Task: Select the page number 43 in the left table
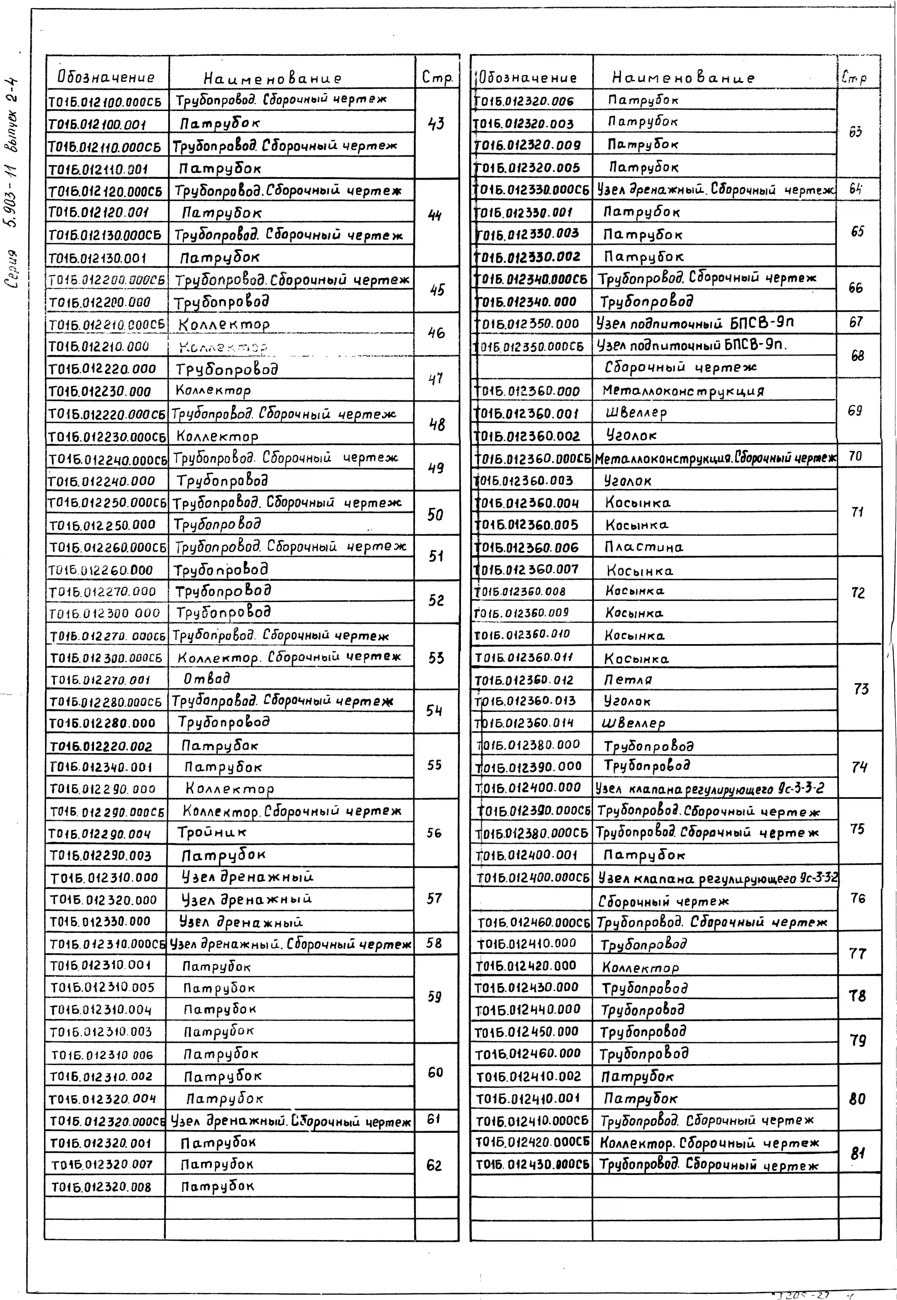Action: (436, 124)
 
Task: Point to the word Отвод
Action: (207, 679)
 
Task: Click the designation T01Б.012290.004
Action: (100, 834)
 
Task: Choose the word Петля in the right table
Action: (628, 680)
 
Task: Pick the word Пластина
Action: (644, 547)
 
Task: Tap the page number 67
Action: (856, 322)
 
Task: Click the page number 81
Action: (857, 1153)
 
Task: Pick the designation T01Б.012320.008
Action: (101, 1187)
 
